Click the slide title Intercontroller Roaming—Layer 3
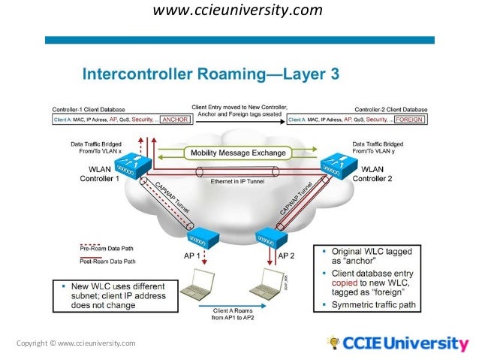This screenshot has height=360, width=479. [210, 74]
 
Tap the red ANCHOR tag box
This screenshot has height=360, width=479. [174, 119]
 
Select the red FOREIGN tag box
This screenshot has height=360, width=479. [409, 119]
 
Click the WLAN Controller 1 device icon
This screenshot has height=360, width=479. [135, 167]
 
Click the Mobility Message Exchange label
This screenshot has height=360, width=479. [238, 153]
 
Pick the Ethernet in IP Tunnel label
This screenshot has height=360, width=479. [238, 181]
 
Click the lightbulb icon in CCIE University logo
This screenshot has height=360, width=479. [333, 343]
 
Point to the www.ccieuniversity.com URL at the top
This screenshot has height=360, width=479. [238, 11]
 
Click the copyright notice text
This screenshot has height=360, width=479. [75, 343]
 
